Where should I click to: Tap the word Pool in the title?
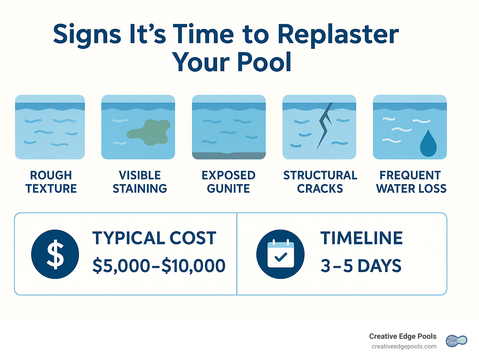(x=264, y=62)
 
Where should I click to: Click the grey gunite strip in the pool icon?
(x=229, y=155)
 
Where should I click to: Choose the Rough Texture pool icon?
(x=50, y=127)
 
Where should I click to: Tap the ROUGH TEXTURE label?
(x=51, y=182)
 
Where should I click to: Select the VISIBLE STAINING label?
(x=140, y=182)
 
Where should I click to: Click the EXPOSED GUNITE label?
(x=229, y=182)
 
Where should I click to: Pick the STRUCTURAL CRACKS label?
(x=320, y=182)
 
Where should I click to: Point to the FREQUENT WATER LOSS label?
(x=411, y=182)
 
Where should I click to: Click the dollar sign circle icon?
(x=55, y=254)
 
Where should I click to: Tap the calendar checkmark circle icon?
(x=280, y=254)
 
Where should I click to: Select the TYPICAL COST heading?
(x=154, y=238)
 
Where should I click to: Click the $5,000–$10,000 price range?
(x=159, y=266)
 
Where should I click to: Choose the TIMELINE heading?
(x=361, y=238)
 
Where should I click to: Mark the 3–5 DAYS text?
(x=361, y=266)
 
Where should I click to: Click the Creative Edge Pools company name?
(x=403, y=336)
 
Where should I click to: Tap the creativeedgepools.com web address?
(x=404, y=347)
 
